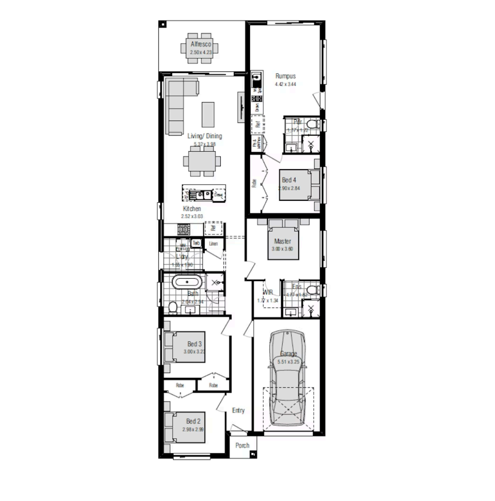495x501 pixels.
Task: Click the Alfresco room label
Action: (x=201, y=44)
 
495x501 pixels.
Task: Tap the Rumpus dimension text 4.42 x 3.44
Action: (x=285, y=84)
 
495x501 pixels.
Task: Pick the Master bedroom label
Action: (x=283, y=241)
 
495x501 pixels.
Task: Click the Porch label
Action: (x=242, y=446)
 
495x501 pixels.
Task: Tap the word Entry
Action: (x=238, y=410)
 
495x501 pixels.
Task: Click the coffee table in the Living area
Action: (x=208, y=114)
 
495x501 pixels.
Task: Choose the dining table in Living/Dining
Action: (x=202, y=161)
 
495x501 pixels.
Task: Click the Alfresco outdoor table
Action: (x=201, y=47)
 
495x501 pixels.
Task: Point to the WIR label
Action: (x=268, y=292)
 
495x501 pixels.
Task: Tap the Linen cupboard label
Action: (x=213, y=244)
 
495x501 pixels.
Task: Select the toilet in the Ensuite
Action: (x=314, y=290)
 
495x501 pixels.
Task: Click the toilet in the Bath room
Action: (x=173, y=307)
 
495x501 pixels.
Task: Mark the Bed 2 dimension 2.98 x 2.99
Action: (x=192, y=429)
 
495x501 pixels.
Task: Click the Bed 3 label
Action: (x=194, y=344)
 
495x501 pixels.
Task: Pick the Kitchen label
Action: (x=192, y=209)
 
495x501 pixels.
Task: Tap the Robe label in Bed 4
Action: (x=254, y=184)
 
